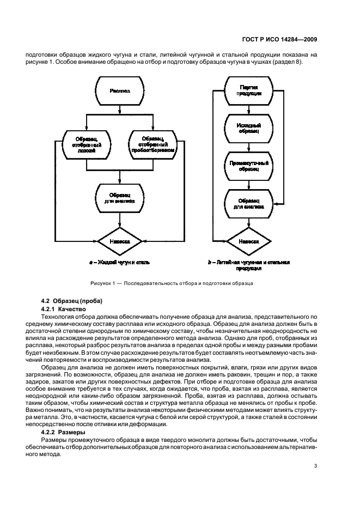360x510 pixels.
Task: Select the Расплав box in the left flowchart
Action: [120, 92]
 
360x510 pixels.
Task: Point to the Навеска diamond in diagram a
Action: [120, 240]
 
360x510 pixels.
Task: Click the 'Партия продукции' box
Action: [248, 90]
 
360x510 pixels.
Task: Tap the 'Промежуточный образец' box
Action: [248, 166]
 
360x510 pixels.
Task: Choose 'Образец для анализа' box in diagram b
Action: [248, 204]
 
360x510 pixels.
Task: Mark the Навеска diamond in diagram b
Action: [248, 240]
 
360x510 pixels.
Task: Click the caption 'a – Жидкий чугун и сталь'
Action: [119, 263]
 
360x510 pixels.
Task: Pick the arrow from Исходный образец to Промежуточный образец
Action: [248, 147]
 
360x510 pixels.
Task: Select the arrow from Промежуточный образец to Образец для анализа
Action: [248, 184]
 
